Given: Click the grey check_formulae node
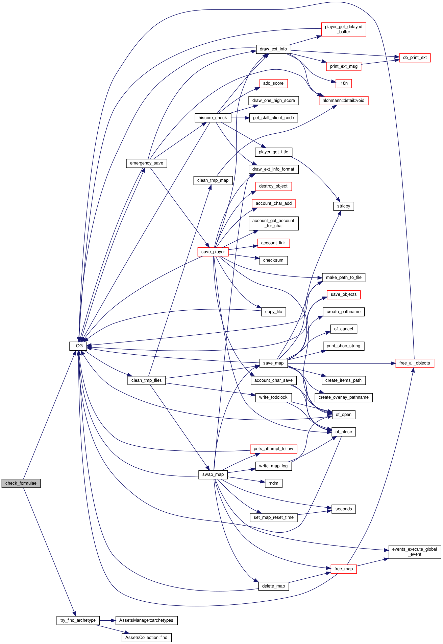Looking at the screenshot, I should tap(21, 483).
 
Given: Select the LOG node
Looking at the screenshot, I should tap(78, 346).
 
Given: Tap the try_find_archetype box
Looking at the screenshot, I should tap(78, 620).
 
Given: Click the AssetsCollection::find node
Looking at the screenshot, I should tap(146, 638).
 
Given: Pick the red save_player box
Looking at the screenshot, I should tap(213, 252).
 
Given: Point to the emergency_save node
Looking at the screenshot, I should tap(146, 163).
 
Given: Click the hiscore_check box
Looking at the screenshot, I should tap(213, 118).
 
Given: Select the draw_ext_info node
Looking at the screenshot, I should tap(273, 49).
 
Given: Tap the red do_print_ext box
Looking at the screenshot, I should tap(415, 58).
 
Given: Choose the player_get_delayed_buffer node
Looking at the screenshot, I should tap(343, 29).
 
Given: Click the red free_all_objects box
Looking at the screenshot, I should tap(415, 363).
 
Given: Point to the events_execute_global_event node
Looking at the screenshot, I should tap(415, 552).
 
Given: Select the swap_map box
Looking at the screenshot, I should tap(213, 474).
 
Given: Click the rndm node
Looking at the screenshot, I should tap(273, 483).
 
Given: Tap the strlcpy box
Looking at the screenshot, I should tap(344, 206).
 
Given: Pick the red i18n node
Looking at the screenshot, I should tap(344, 83).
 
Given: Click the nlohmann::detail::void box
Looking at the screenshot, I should tap(343, 101).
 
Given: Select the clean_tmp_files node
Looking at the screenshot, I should tap(146, 380).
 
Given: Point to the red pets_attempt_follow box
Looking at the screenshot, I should tap(273, 449).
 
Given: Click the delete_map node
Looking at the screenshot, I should tap(273, 586).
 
